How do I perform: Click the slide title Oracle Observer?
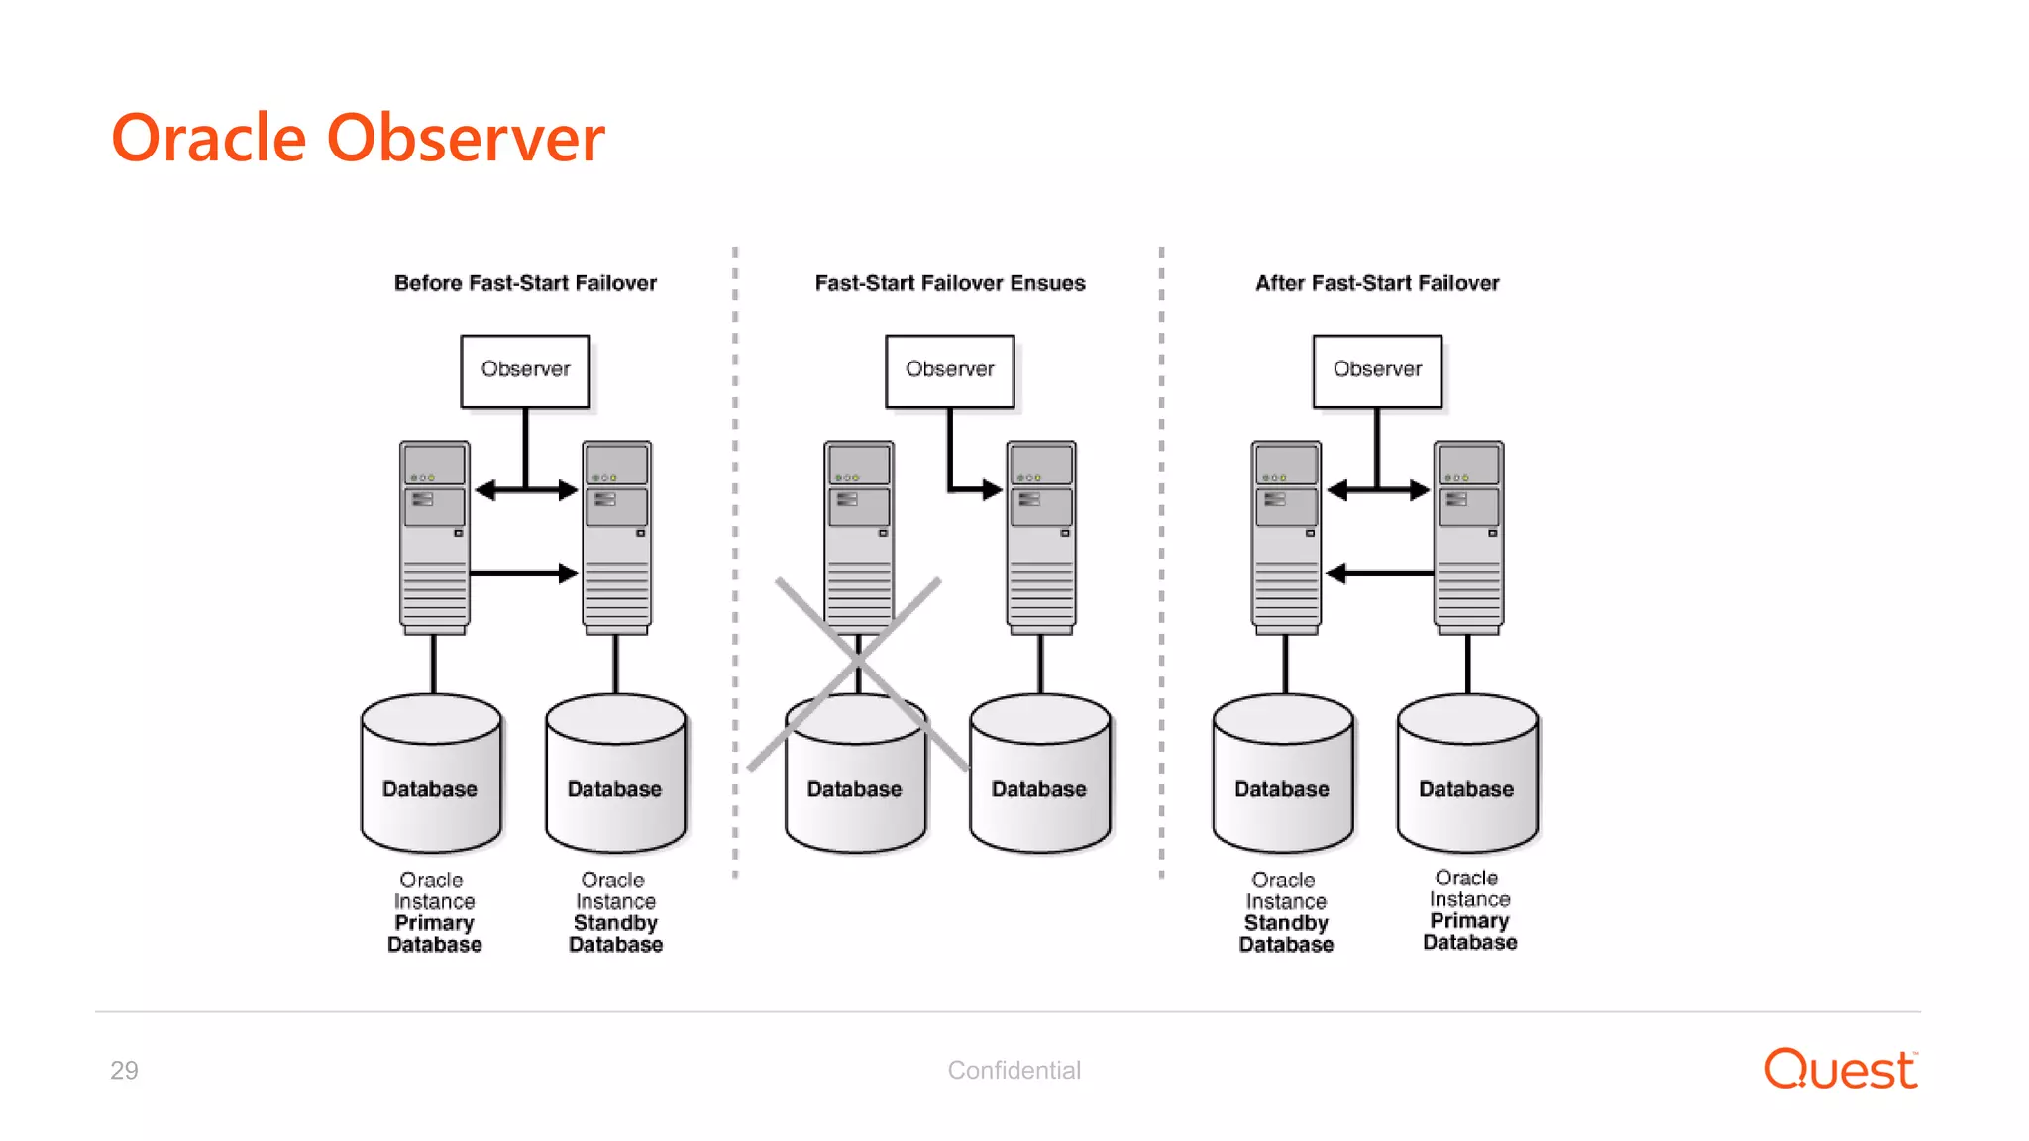(x=358, y=138)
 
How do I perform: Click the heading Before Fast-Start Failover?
(x=525, y=283)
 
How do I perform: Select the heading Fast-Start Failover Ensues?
(x=949, y=283)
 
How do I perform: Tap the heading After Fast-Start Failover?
(x=1376, y=283)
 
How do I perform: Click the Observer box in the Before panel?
(x=525, y=370)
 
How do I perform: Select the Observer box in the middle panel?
(x=949, y=370)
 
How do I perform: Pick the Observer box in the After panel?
(x=1376, y=370)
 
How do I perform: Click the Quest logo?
(x=1840, y=1070)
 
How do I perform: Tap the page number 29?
(x=124, y=1071)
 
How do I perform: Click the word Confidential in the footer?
(x=1014, y=1071)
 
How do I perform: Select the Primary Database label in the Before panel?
(x=434, y=934)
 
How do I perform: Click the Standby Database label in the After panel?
(x=1286, y=934)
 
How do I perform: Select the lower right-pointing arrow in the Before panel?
(x=523, y=573)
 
